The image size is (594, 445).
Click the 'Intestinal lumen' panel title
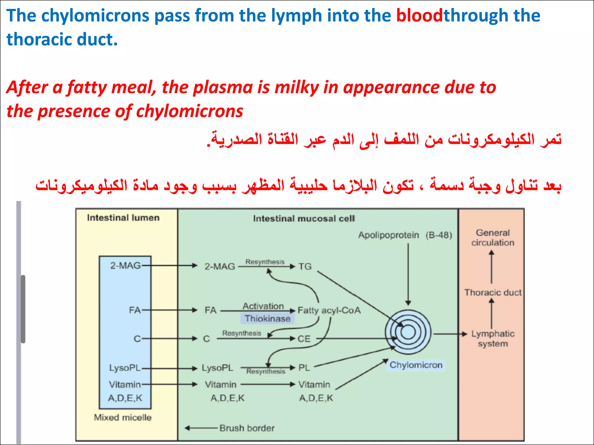(123, 218)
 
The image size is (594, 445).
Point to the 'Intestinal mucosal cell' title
(304, 218)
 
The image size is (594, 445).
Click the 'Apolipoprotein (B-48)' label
(405, 235)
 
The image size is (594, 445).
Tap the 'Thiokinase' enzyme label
(267, 319)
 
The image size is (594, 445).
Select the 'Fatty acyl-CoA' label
(329, 310)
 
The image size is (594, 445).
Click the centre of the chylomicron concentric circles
(408, 332)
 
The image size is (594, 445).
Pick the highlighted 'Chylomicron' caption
(416, 365)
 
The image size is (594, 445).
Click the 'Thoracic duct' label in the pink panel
(493, 293)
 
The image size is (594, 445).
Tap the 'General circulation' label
(492, 238)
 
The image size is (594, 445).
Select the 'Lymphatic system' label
(492, 339)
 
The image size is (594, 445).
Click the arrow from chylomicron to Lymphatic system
(450, 334)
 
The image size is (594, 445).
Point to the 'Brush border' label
(247, 428)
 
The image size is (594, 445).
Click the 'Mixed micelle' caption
(123, 417)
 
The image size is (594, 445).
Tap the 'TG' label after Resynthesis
(305, 267)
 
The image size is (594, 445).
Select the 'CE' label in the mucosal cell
(304, 339)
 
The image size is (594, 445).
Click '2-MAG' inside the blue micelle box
(125, 265)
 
